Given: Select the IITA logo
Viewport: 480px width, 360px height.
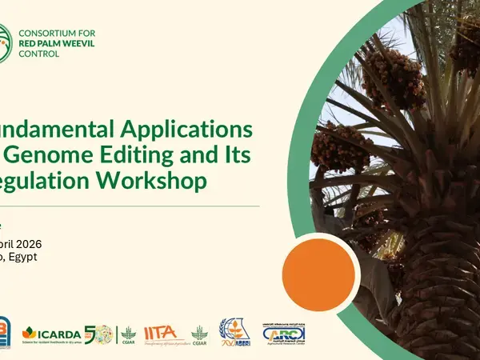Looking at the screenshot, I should click(162, 333).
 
